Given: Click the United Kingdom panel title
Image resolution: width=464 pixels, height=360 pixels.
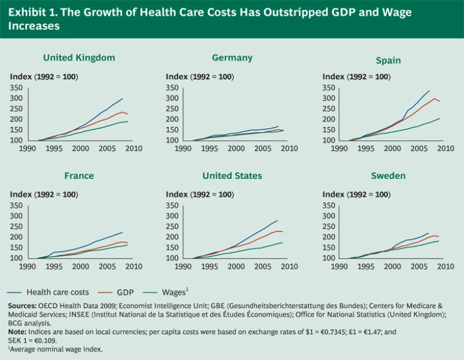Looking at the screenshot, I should point(79,58).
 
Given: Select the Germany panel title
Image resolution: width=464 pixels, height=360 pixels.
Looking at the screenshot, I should point(232,58).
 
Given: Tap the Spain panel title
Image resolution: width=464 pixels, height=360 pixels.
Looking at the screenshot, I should point(388,60).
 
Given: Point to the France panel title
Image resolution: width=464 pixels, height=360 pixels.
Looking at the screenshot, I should point(79,176).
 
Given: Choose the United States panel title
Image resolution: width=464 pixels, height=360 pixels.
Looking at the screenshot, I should point(232,176).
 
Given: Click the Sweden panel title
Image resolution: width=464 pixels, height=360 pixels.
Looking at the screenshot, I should point(388,176).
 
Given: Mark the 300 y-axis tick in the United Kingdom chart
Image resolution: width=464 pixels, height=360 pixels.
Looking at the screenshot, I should point(16,98).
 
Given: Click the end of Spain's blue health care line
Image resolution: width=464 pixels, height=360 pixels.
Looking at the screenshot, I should point(429,91).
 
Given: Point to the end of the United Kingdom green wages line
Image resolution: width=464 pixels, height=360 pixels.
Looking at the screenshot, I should point(127,121).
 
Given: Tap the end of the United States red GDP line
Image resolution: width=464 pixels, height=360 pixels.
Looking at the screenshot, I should point(283,232).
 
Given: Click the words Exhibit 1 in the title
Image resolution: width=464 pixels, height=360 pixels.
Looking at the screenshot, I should point(30,12).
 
